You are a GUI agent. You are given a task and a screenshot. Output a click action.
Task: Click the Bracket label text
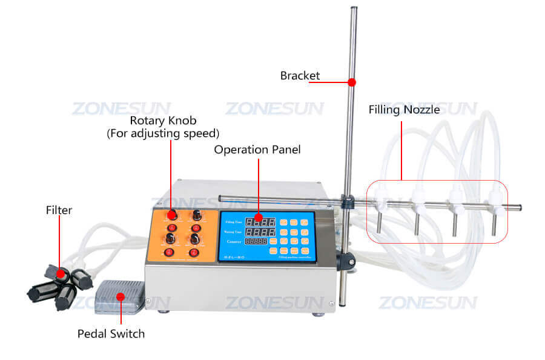tap(300, 76)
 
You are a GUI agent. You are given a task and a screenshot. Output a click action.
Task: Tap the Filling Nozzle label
tap(404, 110)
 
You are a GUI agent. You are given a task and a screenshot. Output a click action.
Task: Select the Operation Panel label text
tap(257, 149)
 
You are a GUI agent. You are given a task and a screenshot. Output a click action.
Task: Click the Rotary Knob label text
tap(163, 121)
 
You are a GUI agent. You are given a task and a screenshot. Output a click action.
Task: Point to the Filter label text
tap(59, 210)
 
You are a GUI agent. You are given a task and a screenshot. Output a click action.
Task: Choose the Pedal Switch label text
tap(111, 333)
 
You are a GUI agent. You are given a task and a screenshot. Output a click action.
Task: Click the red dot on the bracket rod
tap(352, 81)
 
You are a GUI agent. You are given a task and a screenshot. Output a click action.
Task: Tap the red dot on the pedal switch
tap(121, 297)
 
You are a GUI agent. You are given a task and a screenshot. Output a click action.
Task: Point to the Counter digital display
tap(256, 241)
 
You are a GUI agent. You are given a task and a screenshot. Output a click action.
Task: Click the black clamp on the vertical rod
tap(347, 261)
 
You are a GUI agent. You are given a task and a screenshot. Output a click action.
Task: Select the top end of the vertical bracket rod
tap(352, 10)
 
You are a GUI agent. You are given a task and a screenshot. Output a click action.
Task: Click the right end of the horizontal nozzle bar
tap(519, 208)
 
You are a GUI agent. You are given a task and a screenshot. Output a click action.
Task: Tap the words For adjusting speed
tap(163, 133)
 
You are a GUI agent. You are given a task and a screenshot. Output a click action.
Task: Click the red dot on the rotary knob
tap(171, 215)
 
